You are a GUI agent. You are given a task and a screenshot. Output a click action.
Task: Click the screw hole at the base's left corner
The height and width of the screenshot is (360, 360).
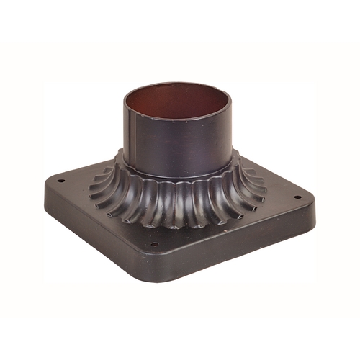tap(61, 181)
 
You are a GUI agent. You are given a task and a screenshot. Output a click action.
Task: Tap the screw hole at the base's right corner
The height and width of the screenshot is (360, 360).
tap(296, 197)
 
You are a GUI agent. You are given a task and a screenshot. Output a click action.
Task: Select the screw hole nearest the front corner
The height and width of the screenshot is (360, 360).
tap(154, 244)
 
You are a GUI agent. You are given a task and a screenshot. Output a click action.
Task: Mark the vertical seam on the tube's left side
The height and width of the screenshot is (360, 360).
tap(132, 137)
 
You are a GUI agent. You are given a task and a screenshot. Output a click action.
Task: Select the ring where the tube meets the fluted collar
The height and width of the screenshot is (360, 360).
tap(180, 174)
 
